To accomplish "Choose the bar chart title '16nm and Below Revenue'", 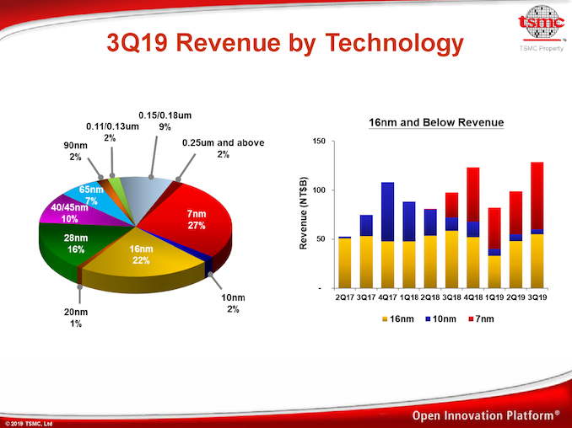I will point(436,123).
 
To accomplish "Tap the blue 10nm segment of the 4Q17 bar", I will point(386,211).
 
